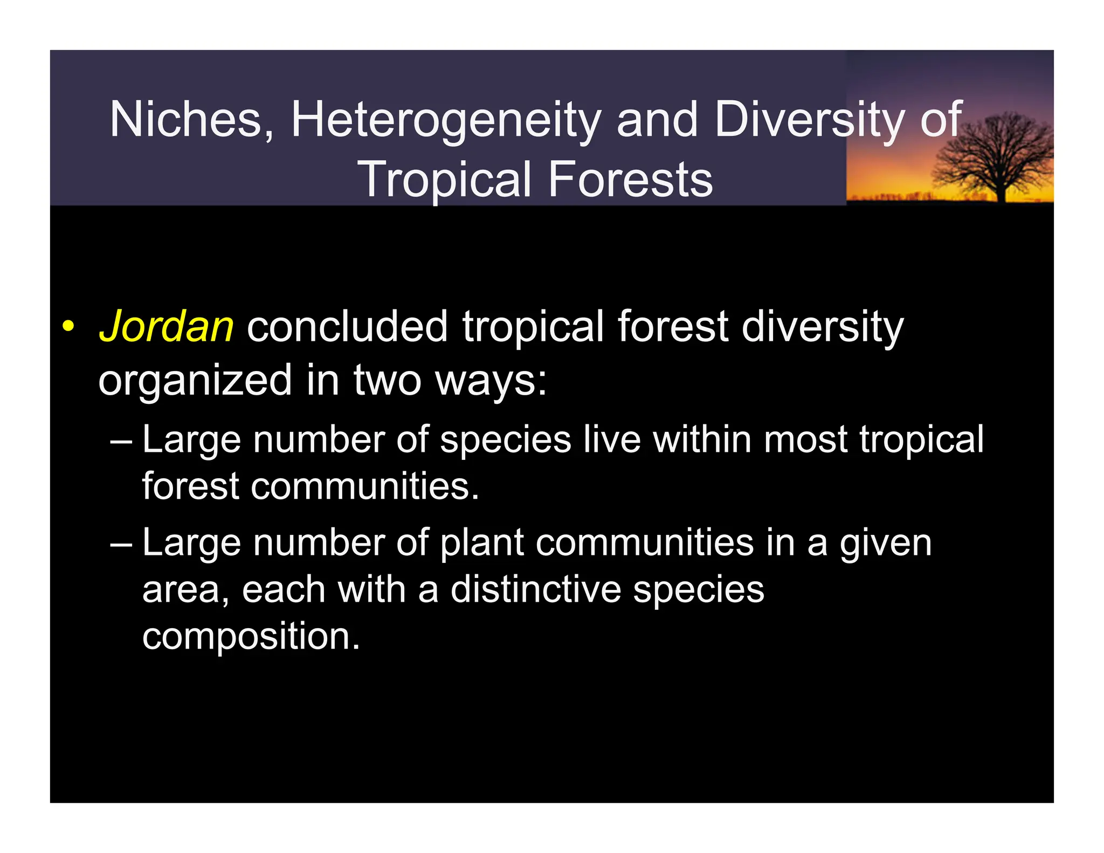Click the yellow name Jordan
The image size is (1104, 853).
click(x=166, y=327)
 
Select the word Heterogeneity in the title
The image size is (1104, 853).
click(x=445, y=120)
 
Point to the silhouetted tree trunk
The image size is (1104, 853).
click(x=1001, y=189)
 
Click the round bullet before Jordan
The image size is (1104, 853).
click(x=67, y=327)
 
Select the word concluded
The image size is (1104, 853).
click(x=347, y=327)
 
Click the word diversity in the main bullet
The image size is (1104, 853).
click(x=822, y=327)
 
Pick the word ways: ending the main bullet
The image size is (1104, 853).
click(x=491, y=381)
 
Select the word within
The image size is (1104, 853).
click(x=702, y=439)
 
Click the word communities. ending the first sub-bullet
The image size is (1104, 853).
click(x=364, y=486)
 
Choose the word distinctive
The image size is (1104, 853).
click(x=535, y=589)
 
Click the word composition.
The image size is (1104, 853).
click(x=251, y=636)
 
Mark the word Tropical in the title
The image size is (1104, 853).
click(x=445, y=180)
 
